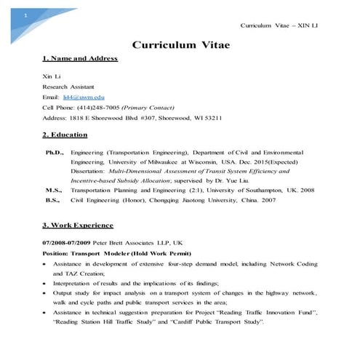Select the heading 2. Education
pyautogui.click(x=65, y=135)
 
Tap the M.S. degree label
pyautogui.click(x=55, y=188)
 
